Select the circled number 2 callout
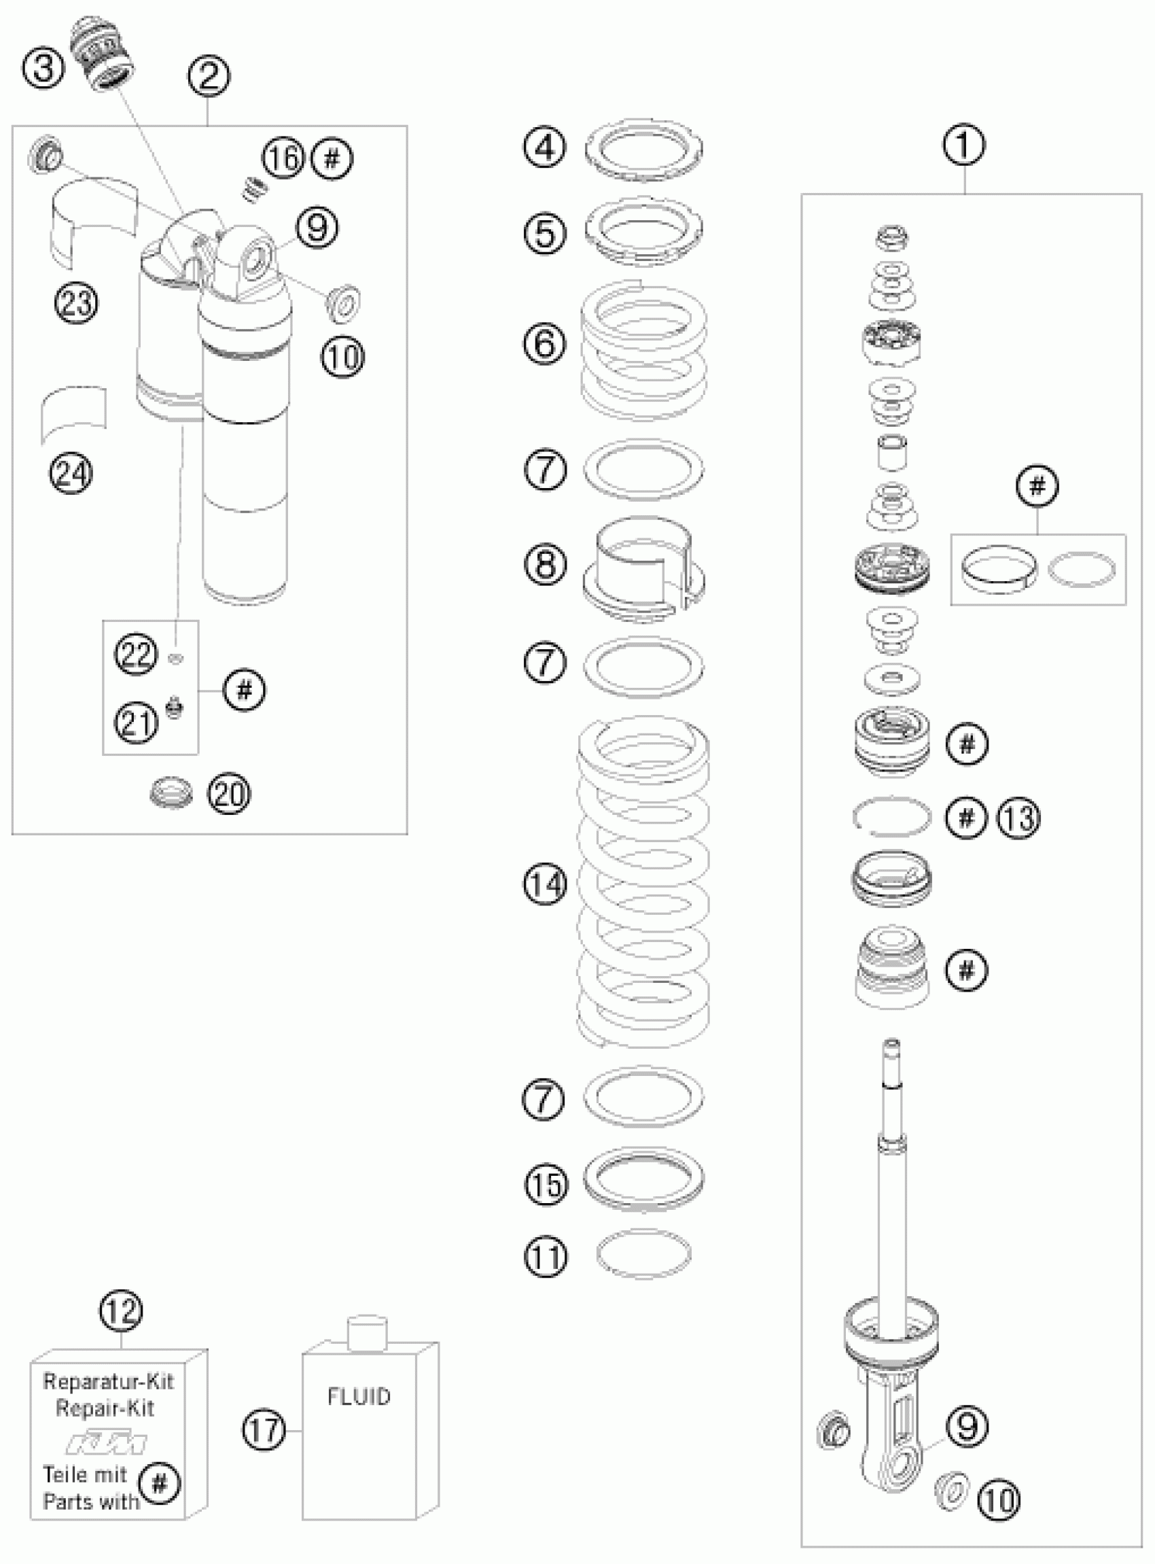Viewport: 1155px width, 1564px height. point(209,75)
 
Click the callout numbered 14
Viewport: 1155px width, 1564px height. point(545,885)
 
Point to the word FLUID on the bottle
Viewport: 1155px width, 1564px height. point(359,1396)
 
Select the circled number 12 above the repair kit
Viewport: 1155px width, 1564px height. point(121,1312)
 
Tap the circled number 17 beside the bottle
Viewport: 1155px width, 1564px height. point(264,1430)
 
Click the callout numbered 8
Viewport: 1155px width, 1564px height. point(545,563)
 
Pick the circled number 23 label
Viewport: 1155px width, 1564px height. point(77,302)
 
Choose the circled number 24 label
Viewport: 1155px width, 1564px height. point(71,474)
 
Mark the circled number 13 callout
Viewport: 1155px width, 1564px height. point(1018,816)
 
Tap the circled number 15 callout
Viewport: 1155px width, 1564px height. point(546,1184)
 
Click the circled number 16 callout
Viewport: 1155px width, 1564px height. point(283,158)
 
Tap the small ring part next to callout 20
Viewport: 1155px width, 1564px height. point(171,793)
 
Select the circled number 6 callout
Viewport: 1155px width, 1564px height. point(545,343)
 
